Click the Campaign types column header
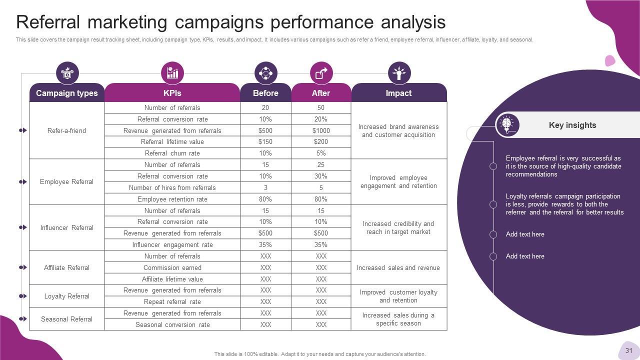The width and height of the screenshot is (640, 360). (67, 93)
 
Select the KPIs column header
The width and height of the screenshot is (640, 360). (172, 93)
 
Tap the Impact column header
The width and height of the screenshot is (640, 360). (398, 93)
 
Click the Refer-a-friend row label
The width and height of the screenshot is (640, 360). (66, 130)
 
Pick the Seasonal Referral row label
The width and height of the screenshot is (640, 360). (66, 319)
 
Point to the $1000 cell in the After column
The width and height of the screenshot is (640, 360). (321, 130)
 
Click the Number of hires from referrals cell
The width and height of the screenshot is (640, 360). (172, 187)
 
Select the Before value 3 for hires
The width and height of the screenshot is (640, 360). (265, 187)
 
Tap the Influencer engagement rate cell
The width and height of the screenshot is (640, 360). (172, 244)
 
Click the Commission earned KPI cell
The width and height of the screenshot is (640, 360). (172, 267)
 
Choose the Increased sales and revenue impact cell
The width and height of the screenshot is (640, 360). (398, 267)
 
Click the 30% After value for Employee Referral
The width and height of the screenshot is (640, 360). (321, 176)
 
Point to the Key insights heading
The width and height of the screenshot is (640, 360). (572, 125)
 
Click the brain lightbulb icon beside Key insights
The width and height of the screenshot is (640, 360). (507, 124)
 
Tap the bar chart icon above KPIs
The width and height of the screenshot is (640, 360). (172, 73)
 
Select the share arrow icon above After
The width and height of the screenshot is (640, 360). (321, 73)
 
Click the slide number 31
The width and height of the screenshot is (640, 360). (629, 350)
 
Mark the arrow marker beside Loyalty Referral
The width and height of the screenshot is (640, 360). (23, 296)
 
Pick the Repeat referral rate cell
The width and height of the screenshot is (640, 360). (172, 301)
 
